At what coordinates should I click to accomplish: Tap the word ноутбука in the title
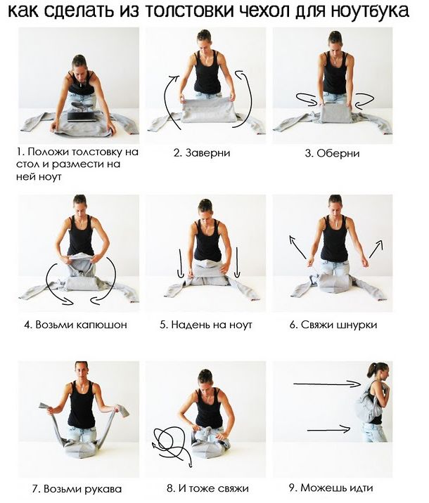(369, 11)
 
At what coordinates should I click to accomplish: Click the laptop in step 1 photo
(82, 117)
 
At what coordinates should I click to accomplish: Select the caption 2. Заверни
(202, 152)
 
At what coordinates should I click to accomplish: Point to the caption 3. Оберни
(332, 153)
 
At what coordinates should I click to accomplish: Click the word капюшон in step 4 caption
(102, 325)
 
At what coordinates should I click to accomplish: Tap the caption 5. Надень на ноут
(206, 325)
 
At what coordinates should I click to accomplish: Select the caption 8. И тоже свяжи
(207, 488)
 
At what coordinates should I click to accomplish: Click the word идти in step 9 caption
(359, 488)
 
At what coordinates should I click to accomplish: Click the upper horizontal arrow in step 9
(327, 384)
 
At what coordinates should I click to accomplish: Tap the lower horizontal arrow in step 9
(328, 429)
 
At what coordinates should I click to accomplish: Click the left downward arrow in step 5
(181, 264)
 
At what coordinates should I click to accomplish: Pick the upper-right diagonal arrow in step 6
(376, 249)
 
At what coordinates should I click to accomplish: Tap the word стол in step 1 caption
(27, 164)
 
